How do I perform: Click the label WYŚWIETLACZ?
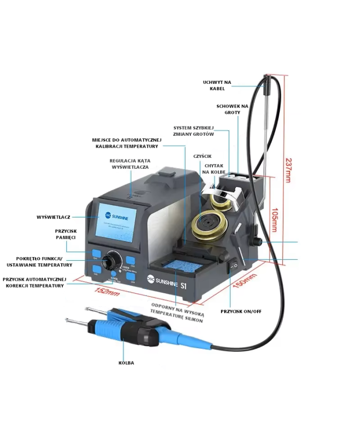53,217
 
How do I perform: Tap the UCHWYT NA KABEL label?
217,85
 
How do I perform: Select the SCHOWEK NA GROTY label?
232,109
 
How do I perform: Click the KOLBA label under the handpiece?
126,363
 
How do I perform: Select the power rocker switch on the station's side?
233,265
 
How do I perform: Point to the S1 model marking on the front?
183,282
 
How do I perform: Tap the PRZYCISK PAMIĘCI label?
65,235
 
